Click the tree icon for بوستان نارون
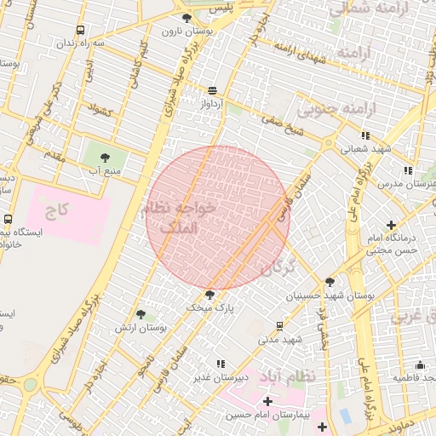point(187,17)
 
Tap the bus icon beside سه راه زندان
point(82,29)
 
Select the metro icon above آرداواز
point(211,90)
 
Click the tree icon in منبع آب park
point(105,158)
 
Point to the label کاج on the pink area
point(58,209)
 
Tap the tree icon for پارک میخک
point(209,295)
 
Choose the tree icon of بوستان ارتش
point(141,314)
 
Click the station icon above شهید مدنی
point(279,325)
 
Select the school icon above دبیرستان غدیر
point(221,364)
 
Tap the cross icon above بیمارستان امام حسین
point(267,400)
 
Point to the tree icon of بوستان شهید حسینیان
point(330,282)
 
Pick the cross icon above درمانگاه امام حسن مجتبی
point(391,226)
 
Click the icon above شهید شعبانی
point(365,135)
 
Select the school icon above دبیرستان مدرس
point(409,169)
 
